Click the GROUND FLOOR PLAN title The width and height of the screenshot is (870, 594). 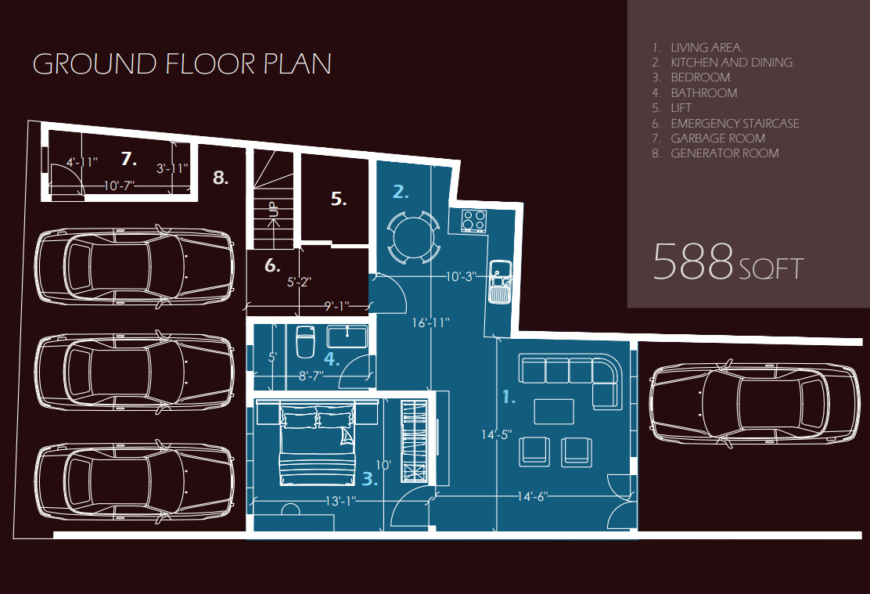182,64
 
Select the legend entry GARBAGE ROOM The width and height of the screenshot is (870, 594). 717,139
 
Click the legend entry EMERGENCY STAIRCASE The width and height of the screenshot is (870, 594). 735,123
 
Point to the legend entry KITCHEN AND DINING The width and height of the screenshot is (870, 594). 732,62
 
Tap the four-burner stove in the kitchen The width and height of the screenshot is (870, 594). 474,221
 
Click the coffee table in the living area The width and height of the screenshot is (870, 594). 554,412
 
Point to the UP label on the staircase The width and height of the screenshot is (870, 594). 273,209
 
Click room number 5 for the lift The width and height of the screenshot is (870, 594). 339,198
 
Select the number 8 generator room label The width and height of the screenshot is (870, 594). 221,178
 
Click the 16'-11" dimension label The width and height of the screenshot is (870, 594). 430,322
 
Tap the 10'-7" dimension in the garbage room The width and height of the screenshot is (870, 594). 119,185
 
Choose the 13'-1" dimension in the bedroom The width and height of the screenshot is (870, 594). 340,502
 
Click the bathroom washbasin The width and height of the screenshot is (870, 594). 347,337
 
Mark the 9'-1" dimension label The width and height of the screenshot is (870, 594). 336,306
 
